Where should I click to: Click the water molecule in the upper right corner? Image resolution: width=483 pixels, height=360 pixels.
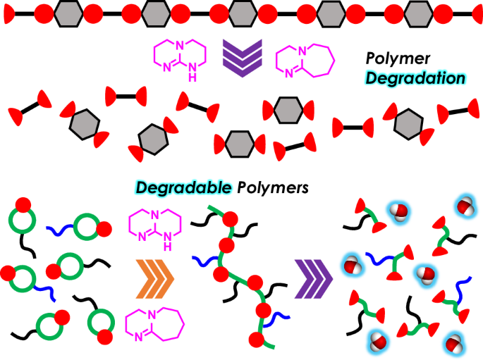[x=464, y=206]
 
